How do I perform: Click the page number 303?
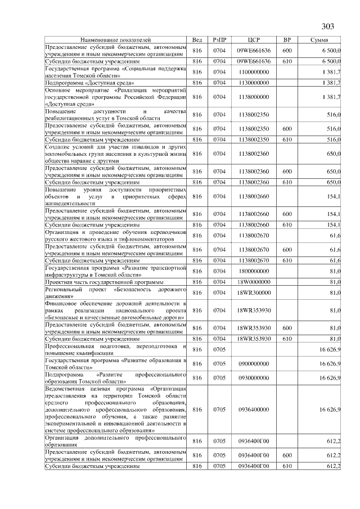coord(328,26)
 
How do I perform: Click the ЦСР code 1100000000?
coord(254,72)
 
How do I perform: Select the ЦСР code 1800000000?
coord(254,270)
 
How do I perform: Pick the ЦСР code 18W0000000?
coord(254,281)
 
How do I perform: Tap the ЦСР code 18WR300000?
coord(254,292)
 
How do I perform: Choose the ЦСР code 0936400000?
coord(254,409)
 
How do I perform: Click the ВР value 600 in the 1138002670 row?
coord(287,250)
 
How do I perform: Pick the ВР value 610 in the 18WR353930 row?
coord(287,338)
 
